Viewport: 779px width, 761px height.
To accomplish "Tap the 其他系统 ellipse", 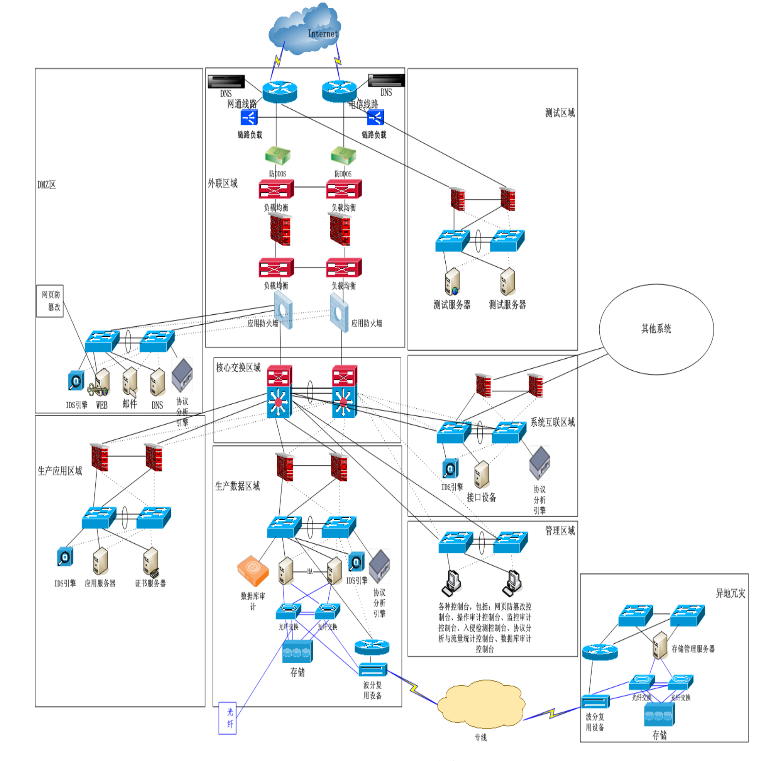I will (x=656, y=329).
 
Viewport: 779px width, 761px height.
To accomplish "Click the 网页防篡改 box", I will (x=50, y=301).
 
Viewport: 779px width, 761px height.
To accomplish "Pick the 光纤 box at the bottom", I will (x=227, y=718).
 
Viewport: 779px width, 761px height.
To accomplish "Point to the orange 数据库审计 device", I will (x=253, y=571).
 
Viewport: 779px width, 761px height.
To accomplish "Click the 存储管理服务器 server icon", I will (x=660, y=645).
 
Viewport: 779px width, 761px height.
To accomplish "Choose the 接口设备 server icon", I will (x=482, y=475).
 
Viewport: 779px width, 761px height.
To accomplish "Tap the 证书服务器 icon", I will (x=151, y=561).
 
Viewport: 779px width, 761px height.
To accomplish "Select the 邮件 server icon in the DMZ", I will (x=129, y=383).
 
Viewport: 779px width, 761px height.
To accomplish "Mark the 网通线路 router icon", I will (x=280, y=92).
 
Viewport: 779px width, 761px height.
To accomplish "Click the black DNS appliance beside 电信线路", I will (x=386, y=80).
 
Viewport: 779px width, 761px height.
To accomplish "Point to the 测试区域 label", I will (x=560, y=113).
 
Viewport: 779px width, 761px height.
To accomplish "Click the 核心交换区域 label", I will (x=238, y=368).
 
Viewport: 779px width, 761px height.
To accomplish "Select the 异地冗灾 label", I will (x=730, y=593).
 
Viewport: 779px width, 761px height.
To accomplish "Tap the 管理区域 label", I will (x=560, y=531).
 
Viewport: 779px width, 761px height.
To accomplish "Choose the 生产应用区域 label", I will (x=59, y=471).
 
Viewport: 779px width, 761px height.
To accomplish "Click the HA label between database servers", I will (x=309, y=571).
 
